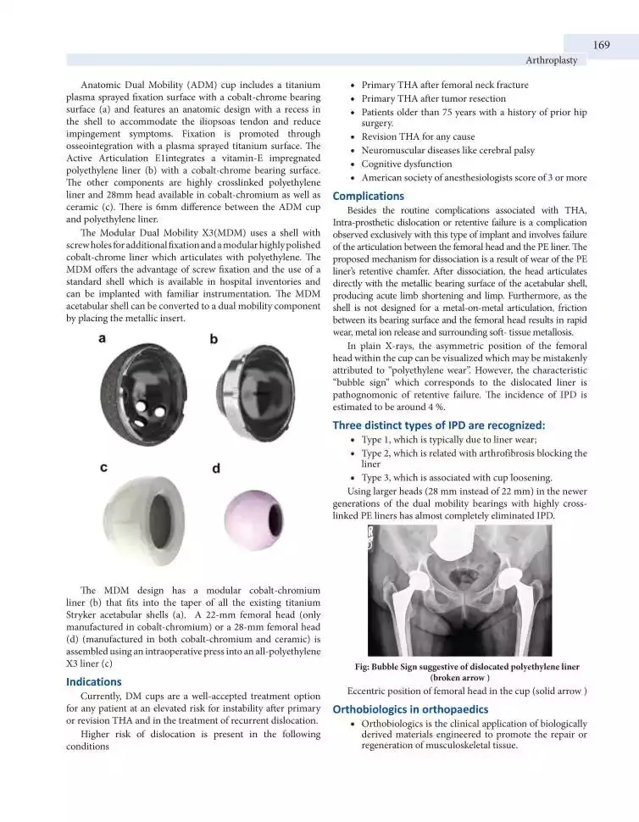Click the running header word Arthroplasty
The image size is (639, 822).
point(551,60)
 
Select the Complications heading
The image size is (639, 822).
point(368,196)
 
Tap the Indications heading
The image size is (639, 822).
point(94,681)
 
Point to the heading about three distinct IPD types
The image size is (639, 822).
point(439,425)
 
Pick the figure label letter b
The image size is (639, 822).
point(214,339)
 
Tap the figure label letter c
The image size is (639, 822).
point(103,466)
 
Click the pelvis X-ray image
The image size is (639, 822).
point(460,590)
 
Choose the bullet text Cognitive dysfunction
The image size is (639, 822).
point(407,164)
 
